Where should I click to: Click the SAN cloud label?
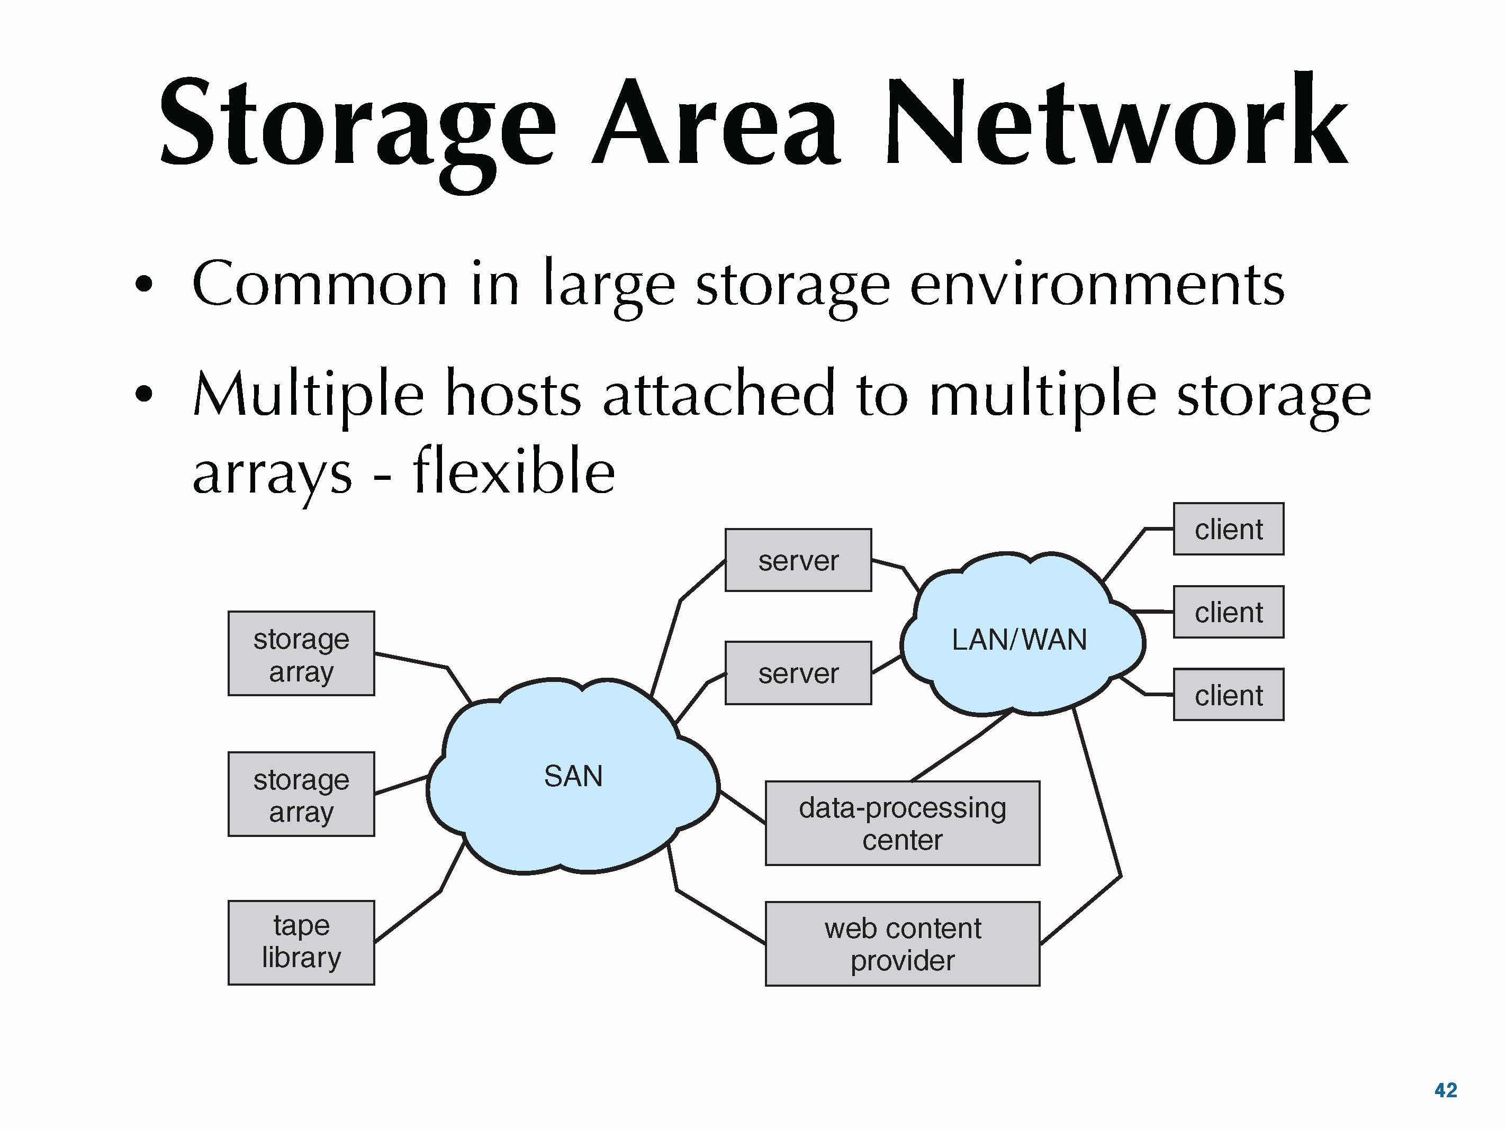pos(573,776)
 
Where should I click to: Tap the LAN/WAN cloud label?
pos(1019,640)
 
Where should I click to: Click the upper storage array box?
pos(301,653)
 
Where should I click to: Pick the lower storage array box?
pos(301,794)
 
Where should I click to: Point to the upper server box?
pos(798,560)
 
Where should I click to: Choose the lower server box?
pos(798,673)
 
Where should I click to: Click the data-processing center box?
pos(902,823)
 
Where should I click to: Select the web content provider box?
pos(902,944)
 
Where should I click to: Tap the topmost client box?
pos(1228,529)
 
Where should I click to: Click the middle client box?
pos(1228,612)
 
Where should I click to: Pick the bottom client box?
pos(1228,695)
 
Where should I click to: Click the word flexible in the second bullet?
pos(514,471)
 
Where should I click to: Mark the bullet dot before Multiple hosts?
pos(143,394)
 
